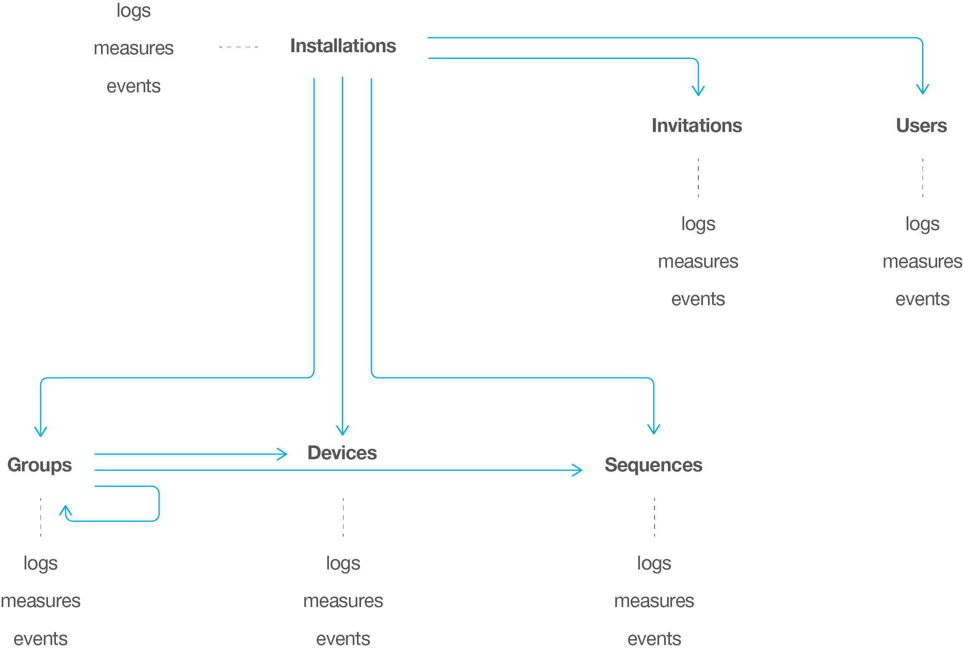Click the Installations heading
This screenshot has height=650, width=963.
coord(343,46)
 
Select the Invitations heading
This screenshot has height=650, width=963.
coord(697,126)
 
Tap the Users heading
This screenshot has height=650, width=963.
coord(921,126)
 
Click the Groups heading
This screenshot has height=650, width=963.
coord(40,465)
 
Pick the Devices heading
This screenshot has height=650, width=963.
coord(342,453)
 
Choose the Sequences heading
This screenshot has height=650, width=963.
coord(653,465)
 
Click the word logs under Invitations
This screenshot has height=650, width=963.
coord(698,224)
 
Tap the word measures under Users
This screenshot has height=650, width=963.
coord(922,262)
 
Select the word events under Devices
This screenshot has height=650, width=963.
coord(343,639)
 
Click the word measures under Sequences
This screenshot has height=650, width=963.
coord(654,601)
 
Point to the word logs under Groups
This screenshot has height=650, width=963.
coord(40,564)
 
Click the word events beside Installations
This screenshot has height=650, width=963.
coord(134,86)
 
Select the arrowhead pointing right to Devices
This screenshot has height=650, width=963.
coord(283,454)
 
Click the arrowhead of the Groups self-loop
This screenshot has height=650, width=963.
coord(66,509)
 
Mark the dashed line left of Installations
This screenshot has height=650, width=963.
coord(238,47)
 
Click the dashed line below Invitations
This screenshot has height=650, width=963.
coord(698,178)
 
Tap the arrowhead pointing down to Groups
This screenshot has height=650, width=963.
coord(40,432)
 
